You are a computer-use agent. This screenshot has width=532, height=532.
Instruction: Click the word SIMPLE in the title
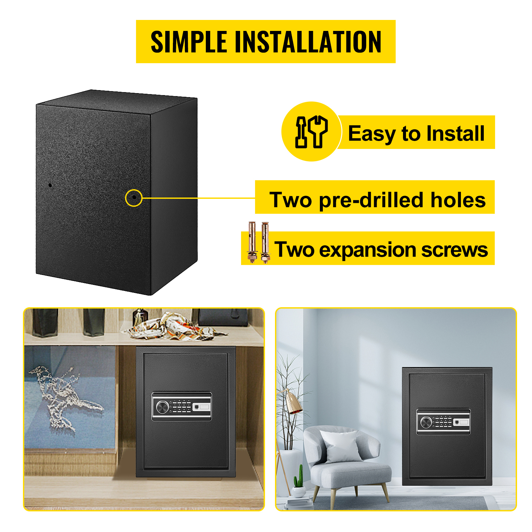189,42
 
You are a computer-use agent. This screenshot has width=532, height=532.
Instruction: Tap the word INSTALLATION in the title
308,42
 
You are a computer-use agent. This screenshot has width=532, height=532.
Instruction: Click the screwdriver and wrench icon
312,132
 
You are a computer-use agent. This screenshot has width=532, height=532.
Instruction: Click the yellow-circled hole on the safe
134,197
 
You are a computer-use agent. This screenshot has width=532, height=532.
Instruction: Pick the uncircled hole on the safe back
50,185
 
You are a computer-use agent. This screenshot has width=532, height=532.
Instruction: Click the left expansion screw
252,242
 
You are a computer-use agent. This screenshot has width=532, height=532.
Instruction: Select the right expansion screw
265,243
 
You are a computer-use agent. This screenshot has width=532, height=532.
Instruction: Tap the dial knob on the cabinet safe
162,407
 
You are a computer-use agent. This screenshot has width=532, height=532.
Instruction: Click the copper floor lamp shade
293,402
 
